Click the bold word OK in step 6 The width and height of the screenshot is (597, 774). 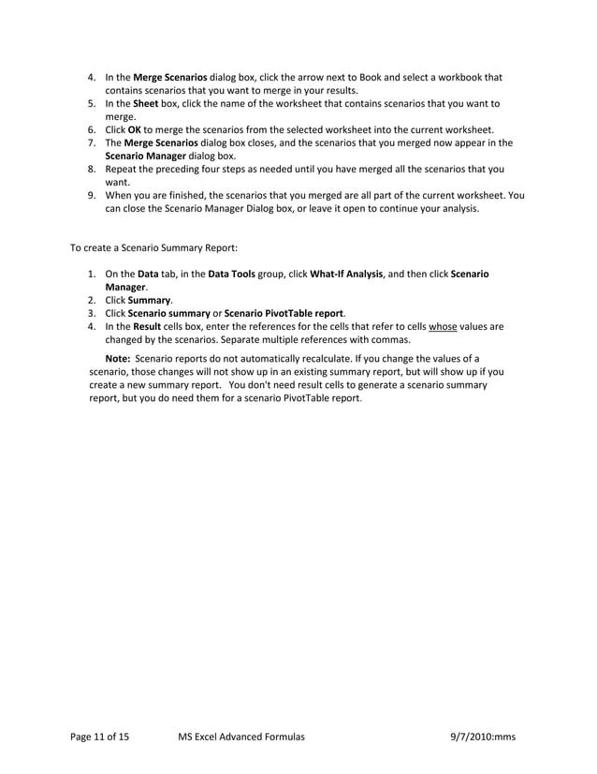[135, 129]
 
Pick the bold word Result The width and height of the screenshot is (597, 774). [148, 326]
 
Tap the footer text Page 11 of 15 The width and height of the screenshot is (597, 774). [100, 737]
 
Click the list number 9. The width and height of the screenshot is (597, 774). [93, 195]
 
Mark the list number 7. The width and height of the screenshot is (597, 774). [93, 142]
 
